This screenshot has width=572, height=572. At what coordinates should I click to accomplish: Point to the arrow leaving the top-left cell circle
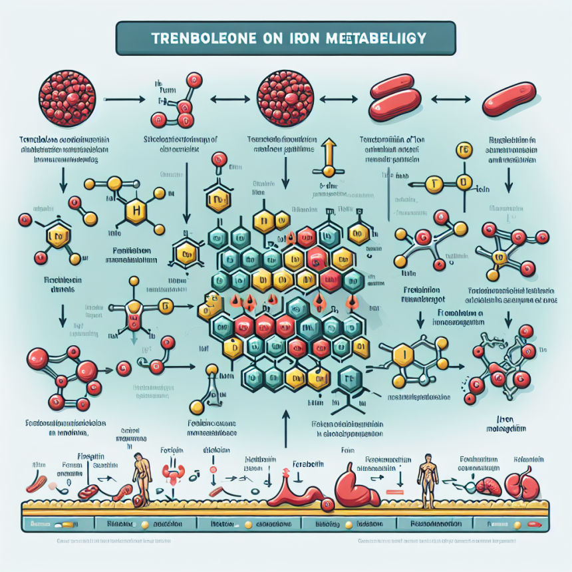(x=122, y=100)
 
